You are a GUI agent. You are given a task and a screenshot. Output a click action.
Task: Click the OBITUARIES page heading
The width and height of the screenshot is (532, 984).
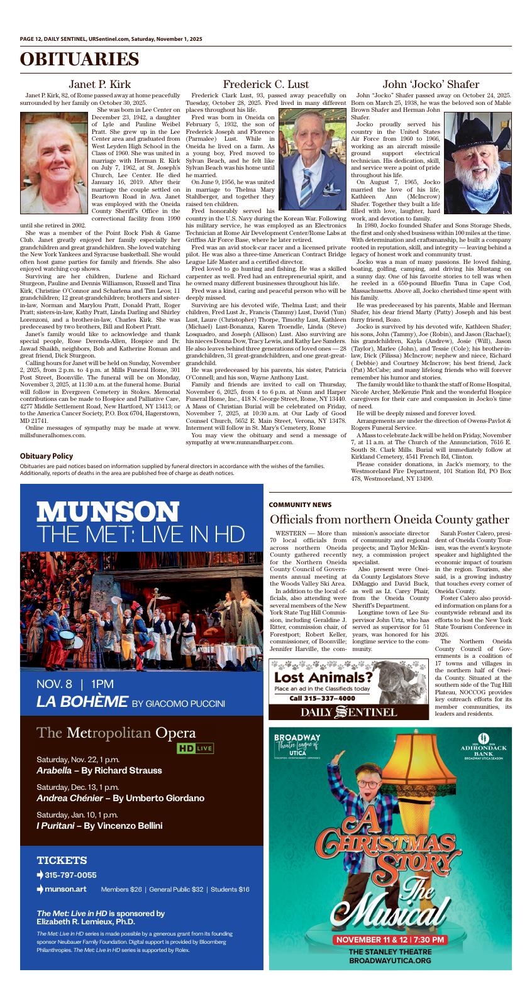pos(79,60)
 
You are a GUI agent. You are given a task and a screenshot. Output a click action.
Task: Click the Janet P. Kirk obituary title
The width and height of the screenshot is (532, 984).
pos(99,84)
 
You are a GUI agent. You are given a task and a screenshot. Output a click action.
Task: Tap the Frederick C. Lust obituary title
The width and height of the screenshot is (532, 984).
pos(265,84)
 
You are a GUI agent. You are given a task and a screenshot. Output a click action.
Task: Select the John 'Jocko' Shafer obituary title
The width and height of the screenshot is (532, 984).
pos(431,84)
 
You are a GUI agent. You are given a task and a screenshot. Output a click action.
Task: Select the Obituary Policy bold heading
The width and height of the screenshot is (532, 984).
pos(46,456)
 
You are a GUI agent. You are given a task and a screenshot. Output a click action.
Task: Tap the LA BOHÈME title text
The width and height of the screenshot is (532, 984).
pos(82,702)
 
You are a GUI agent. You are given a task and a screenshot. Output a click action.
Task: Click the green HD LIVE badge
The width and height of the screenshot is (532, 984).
pos(195,748)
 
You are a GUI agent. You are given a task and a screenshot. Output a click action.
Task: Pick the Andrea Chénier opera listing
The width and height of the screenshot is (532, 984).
pos(120,798)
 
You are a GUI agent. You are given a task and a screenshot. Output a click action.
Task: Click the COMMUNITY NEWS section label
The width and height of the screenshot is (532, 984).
pos(300,505)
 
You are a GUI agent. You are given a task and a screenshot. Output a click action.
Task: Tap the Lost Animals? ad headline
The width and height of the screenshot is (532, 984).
pos(323,677)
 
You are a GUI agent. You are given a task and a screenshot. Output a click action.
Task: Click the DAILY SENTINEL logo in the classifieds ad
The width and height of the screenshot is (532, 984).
pos(348,712)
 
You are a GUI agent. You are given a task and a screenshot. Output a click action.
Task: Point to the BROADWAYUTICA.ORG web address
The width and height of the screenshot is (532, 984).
pos(390,961)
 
